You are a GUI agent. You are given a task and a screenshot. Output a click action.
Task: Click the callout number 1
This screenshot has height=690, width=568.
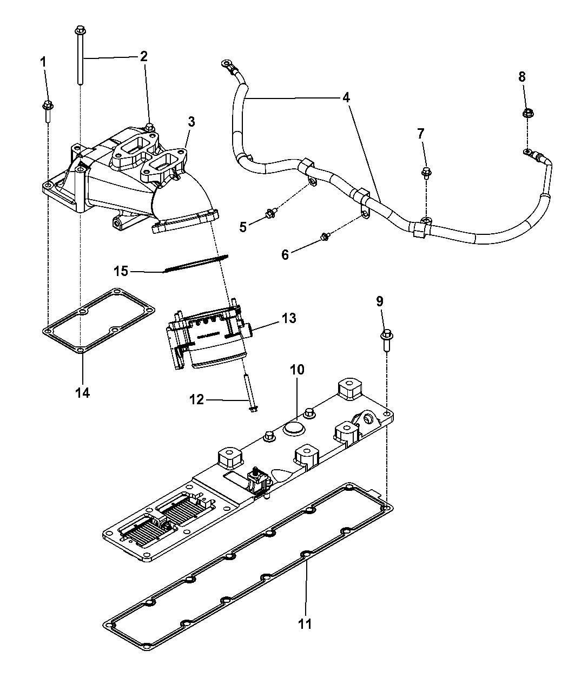pyautogui.click(x=44, y=62)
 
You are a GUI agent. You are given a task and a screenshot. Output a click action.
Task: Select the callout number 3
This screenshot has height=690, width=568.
pyautogui.click(x=191, y=122)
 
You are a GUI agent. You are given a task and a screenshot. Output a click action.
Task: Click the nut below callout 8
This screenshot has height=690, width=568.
pyautogui.click(x=528, y=114)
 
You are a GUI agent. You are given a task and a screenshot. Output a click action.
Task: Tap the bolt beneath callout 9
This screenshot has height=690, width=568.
pyautogui.click(x=386, y=339)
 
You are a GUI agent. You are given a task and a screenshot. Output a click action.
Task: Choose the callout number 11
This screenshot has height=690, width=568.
pyautogui.click(x=305, y=624)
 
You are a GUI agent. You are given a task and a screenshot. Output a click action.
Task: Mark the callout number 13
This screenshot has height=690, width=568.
pyautogui.click(x=289, y=318)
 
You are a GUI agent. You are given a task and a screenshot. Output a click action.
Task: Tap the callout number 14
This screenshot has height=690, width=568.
pyautogui.click(x=82, y=392)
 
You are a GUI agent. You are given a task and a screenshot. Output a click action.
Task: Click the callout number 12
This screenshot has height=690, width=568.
pyautogui.click(x=197, y=400)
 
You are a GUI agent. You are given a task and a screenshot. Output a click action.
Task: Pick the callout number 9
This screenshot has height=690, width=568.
pyautogui.click(x=380, y=301)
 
